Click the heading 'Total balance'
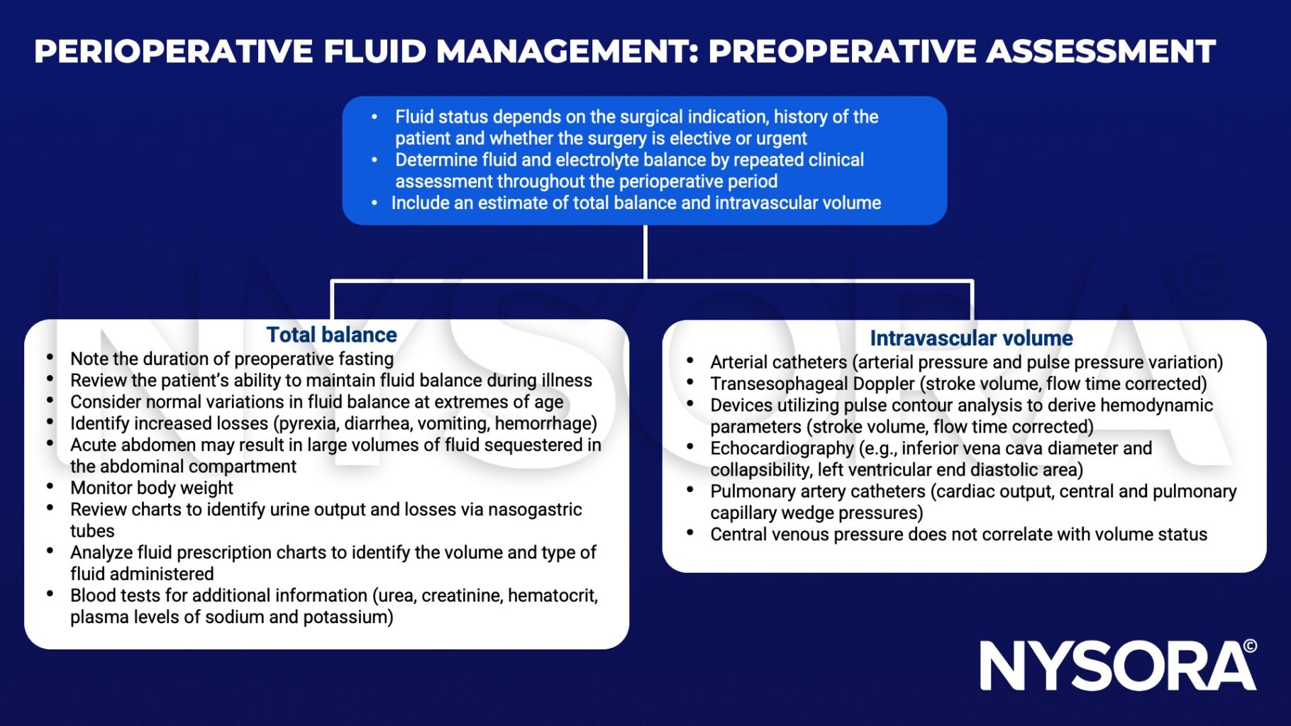331,335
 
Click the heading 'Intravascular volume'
971,338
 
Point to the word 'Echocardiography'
782,448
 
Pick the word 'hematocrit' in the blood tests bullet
552,596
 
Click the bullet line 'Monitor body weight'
152,488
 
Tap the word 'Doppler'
884,384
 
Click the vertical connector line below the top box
645,252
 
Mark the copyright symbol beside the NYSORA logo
1250,646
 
